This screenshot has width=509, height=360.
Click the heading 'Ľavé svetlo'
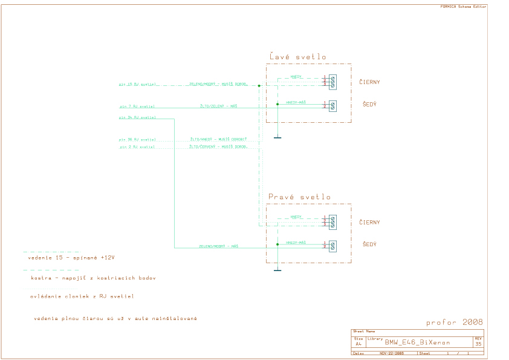pyautogui.click(x=297, y=57)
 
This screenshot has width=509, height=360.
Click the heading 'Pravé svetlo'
pyautogui.click(x=299, y=197)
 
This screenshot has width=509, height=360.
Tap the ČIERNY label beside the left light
pyautogui.click(x=369, y=82)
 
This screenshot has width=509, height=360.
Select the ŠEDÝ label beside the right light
pyautogui.click(x=369, y=244)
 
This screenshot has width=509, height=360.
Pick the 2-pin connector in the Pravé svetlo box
pyautogui.click(x=332, y=245)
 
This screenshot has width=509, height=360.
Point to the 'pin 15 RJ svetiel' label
pyautogui.click(x=138, y=85)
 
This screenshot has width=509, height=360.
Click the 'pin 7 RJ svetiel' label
pyautogui.click(x=137, y=106)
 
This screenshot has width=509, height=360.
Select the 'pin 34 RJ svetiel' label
pyautogui.click(x=137, y=117)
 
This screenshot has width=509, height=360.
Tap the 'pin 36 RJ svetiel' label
pyautogui.click(x=137, y=139)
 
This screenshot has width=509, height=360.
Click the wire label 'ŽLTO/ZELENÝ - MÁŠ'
pyautogui.click(x=219, y=106)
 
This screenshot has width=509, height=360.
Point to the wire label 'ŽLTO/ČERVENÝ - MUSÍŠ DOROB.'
pyautogui.click(x=218, y=146)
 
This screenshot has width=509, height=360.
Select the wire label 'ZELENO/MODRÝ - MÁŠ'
pyautogui.click(x=218, y=246)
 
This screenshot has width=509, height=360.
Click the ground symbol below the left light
pyautogui.click(x=277, y=138)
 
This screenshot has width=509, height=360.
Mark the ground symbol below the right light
pyautogui.click(x=277, y=270)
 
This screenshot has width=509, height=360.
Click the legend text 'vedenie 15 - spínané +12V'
pyautogui.click(x=71, y=257)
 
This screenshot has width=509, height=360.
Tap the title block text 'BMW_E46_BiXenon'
pyautogui.click(x=417, y=342)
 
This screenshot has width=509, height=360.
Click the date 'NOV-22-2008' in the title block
pyautogui.click(x=392, y=353)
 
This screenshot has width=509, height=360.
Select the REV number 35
pyautogui.click(x=478, y=344)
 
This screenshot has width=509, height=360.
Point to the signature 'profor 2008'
pyautogui.click(x=454, y=322)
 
